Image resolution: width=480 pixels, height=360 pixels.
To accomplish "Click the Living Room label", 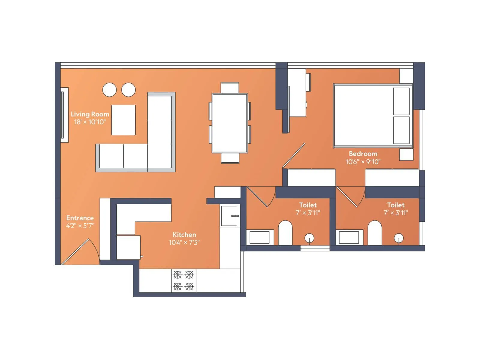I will click(x=90, y=114).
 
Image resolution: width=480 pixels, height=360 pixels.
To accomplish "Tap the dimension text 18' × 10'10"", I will click(x=90, y=122).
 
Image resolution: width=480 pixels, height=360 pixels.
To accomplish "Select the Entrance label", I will click(x=80, y=218).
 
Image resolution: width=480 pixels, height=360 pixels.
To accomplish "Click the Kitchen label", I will click(x=184, y=235).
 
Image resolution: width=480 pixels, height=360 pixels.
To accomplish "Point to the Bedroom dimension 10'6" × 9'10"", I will click(x=363, y=162).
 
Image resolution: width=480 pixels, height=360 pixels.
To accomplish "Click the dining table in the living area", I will click(x=230, y=123).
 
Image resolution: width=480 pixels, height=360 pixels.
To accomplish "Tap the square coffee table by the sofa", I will click(x=123, y=120).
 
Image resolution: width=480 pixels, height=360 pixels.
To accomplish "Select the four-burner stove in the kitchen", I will click(x=183, y=280).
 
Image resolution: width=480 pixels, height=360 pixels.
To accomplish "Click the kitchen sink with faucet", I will click(x=230, y=215).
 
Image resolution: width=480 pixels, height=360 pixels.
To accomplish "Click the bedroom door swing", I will click(x=294, y=155).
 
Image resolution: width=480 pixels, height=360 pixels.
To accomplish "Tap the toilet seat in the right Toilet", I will click(x=374, y=233).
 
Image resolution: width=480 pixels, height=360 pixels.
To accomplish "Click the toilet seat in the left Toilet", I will click(x=285, y=233).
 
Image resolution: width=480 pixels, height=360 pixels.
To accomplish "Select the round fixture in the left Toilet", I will click(x=309, y=238).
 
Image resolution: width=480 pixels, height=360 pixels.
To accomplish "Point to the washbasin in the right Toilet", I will click(x=349, y=237).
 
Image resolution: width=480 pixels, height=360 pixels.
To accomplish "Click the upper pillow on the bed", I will click(x=401, y=101).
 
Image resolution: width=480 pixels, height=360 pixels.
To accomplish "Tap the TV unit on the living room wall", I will click(x=64, y=115).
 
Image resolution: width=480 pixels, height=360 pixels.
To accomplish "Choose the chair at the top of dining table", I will click(x=230, y=88).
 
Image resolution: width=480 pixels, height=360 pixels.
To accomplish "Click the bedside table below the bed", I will click(x=406, y=154).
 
